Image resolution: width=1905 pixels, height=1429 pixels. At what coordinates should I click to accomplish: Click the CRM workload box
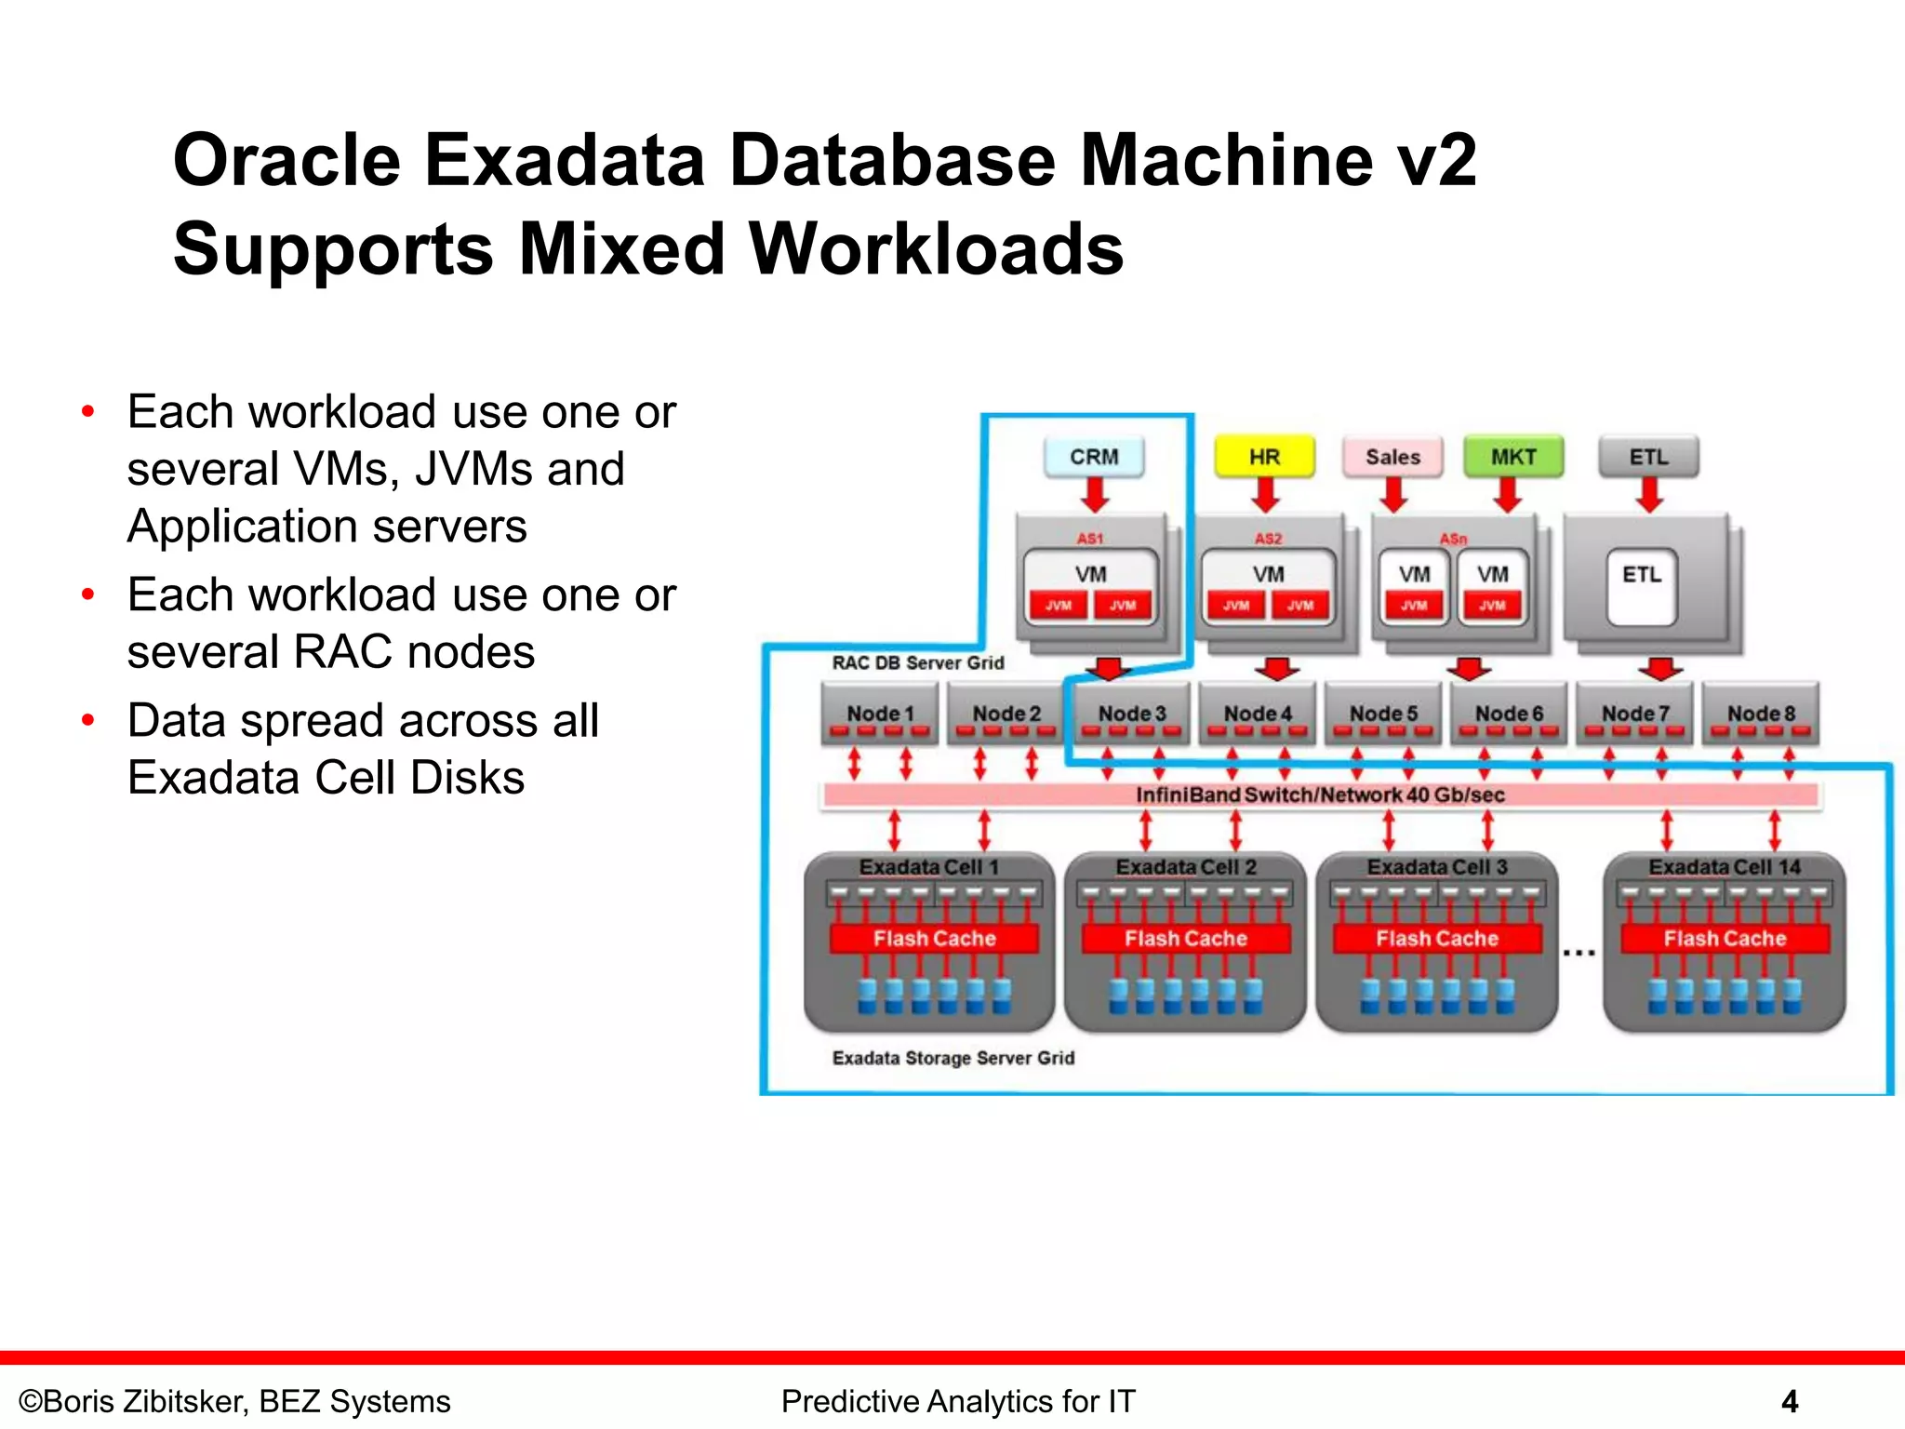1094,457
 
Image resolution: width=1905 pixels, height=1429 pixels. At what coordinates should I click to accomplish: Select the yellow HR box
1264,457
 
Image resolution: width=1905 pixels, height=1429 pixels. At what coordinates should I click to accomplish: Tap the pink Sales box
1392,457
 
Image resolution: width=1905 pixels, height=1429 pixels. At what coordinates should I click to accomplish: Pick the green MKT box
1513,457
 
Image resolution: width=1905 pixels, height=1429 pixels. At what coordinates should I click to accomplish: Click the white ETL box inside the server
1642,586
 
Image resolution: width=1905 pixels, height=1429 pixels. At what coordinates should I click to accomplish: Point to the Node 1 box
880,714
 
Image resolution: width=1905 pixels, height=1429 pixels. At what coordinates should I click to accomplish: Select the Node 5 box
1383,714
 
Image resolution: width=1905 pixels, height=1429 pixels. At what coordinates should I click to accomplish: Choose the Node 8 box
1760,714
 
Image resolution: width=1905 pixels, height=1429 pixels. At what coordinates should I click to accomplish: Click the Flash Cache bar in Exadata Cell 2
1185,939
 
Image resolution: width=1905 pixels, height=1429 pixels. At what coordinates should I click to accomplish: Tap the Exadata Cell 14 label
1724,867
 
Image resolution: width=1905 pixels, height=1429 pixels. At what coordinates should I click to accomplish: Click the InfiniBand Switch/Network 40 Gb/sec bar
1320,795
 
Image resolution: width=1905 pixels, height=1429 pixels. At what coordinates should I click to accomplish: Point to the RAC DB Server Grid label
917,662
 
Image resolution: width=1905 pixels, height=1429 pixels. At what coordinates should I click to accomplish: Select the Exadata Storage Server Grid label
952,1058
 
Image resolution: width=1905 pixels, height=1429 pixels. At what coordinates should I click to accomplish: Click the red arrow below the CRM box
1095,494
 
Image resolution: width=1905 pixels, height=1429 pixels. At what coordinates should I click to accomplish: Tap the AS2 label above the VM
1268,539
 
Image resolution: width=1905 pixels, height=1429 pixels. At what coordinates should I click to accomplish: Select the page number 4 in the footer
1789,1401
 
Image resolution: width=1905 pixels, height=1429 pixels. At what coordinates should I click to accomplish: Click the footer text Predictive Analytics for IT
958,1401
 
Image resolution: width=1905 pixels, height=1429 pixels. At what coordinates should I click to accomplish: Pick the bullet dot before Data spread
88,720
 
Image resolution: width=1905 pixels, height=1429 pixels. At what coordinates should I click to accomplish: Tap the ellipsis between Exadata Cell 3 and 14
1579,953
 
